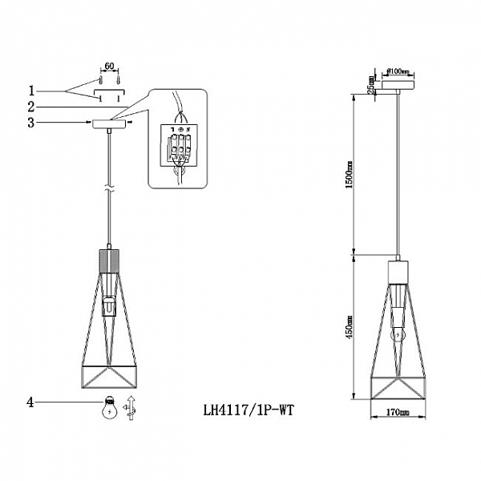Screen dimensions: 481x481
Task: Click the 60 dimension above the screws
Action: point(109,69)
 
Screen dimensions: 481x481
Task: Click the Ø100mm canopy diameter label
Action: point(398,71)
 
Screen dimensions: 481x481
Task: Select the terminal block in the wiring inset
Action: point(178,144)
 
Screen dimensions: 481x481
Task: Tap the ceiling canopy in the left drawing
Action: point(109,123)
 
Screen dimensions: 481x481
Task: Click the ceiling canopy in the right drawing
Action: point(398,84)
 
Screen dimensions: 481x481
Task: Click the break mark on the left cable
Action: point(108,190)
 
